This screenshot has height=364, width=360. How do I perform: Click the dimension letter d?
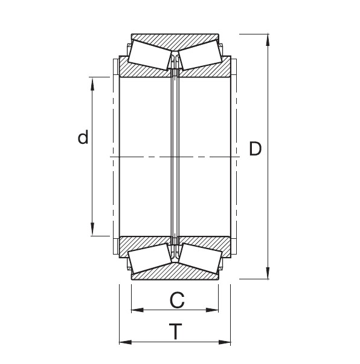coord(83,138)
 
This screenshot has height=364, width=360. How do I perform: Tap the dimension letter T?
coord(175,331)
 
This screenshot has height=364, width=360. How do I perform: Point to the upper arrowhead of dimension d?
coord(92,83)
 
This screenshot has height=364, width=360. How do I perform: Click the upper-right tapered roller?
coord(199,53)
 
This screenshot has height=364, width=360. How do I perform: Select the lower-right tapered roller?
coord(199,259)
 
